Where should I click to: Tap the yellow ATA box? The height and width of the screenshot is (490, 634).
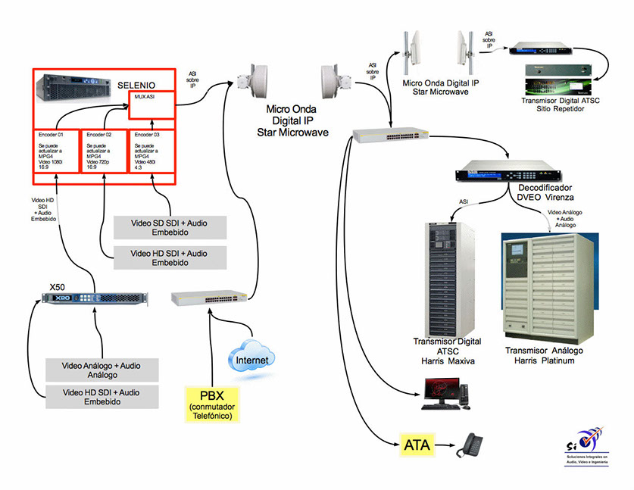click(417, 445)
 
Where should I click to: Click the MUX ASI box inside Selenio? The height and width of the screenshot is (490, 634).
click(152, 105)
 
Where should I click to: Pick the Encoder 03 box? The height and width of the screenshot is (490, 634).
click(152, 151)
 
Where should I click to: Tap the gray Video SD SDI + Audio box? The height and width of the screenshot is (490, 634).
click(170, 228)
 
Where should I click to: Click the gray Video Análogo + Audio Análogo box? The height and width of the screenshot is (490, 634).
click(102, 370)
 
